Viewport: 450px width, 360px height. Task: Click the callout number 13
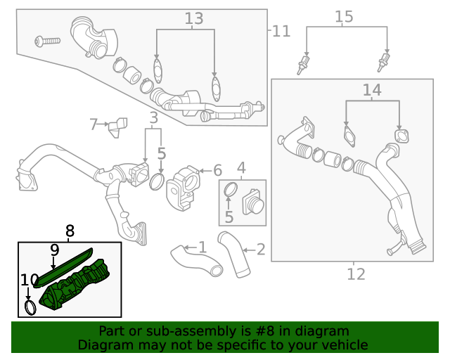click(x=193, y=19)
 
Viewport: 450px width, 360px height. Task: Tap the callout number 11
click(x=281, y=30)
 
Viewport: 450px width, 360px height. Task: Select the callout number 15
click(x=343, y=16)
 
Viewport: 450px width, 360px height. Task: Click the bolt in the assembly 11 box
click(x=49, y=41)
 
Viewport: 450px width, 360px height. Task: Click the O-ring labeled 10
click(x=30, y=307)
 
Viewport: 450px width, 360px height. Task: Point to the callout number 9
click(x=54, y=249)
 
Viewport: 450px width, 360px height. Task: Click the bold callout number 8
click(x=69, y=230)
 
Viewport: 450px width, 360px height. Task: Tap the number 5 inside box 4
click(x=229, y=217)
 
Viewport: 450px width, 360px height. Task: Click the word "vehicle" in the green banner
click(x=342, y=345)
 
